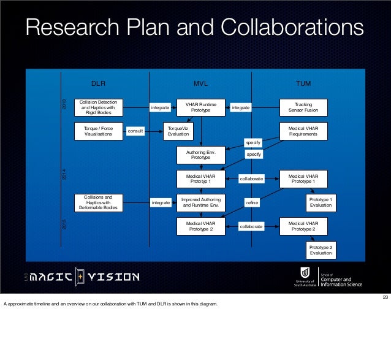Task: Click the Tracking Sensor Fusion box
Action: click(x=303, y=107)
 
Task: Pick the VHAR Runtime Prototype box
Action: click(x=200, y=107)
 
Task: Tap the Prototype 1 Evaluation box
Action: click(x=321, y=202)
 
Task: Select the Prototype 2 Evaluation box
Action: click(x=321, y=250)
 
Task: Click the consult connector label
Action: click(x=135, y=131)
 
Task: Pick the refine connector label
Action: click(x=252, y=202)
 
